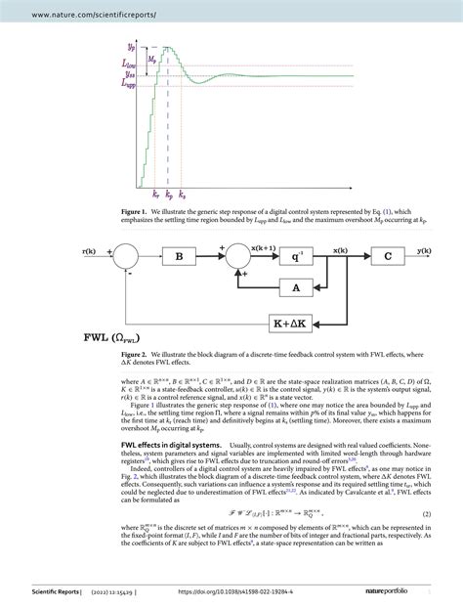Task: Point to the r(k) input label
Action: [x=92, y=252]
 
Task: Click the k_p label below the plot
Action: [x=169, y=195]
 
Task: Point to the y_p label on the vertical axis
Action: [x=132, y=47]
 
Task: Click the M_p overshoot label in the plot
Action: [x=151, y=59]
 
